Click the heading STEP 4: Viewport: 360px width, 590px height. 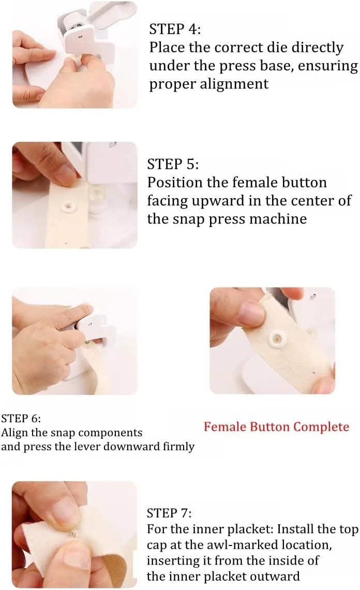tap(175, 29)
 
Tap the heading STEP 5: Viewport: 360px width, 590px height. tap(173, 164)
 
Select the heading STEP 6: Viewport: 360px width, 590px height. tap(21, 418)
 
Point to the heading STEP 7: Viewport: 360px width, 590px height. tap(169, 513)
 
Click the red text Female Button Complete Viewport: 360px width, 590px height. tap(277, 426)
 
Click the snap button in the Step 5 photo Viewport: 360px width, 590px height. tap(68, 206)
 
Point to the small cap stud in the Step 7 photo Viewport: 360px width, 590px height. tap(74, 534)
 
